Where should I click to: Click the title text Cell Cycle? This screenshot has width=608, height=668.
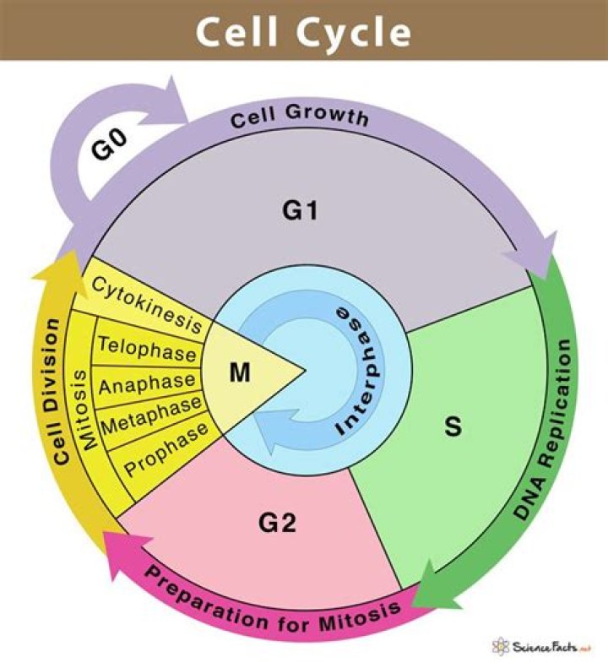tap(304, 32)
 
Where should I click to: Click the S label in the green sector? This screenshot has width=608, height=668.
tap(453, 427)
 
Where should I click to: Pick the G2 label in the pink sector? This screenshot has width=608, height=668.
tap(277, 524)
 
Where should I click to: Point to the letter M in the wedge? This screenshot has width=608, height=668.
tap(240, 372)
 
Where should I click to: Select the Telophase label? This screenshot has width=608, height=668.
tap(148, 347)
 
